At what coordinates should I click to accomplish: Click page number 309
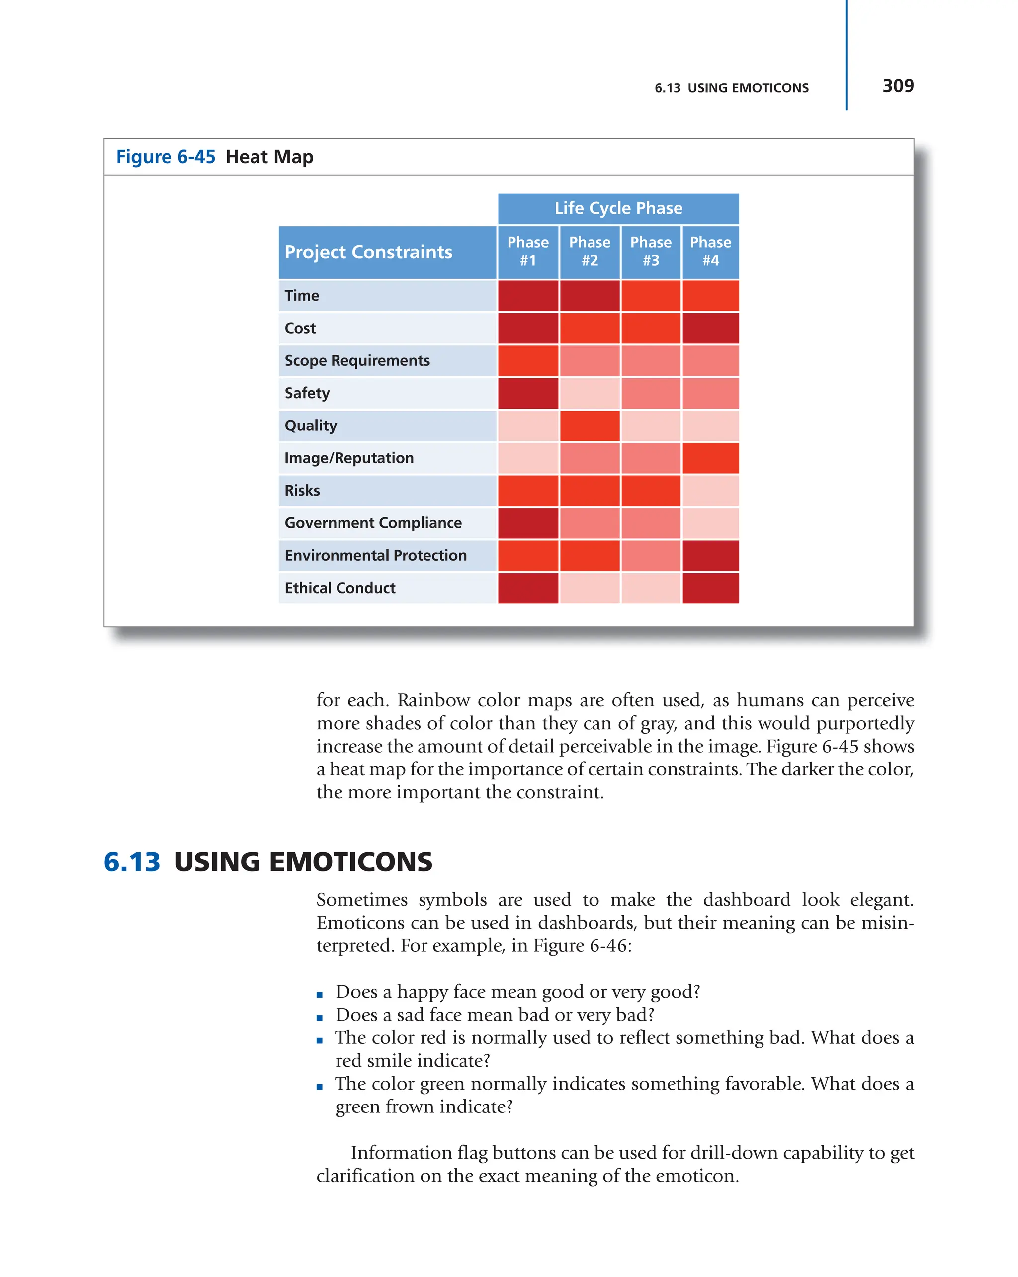point(897,86)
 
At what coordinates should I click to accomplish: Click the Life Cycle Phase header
point(618,208)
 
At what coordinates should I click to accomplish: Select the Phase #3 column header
point(650,251)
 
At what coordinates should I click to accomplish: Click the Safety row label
point(307,393)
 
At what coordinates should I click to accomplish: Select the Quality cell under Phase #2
point(589,426)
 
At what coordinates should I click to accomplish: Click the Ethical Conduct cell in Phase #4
point(710,588)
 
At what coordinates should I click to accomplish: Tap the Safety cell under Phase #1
point(528,393)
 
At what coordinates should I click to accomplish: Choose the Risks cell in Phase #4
point(710,491)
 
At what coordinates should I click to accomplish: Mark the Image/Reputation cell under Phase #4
point(710,458)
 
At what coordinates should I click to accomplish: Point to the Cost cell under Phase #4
point(710,328)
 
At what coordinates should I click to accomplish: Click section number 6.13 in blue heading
point(131,862)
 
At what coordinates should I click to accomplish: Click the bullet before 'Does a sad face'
point(319,1018)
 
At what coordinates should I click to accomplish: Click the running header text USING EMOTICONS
point(748,88)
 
